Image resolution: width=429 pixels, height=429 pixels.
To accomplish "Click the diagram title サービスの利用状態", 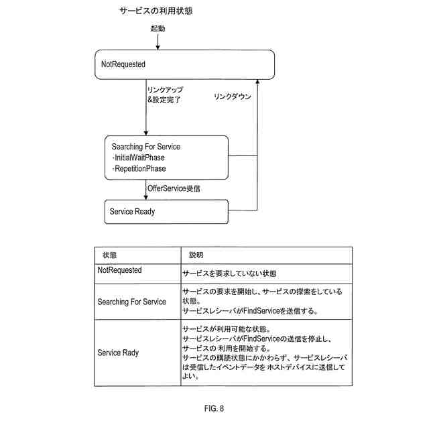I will [158, 11].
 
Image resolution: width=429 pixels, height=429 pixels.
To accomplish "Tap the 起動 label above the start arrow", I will [158, 30].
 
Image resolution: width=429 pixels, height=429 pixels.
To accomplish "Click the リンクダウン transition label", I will [233, 97].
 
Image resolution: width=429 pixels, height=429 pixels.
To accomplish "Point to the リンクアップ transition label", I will [165, 89].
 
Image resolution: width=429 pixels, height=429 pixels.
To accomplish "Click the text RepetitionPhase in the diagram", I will [139, 169].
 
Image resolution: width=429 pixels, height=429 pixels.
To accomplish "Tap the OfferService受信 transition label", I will [174, 189].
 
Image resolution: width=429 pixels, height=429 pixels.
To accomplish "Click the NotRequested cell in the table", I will [120, 270].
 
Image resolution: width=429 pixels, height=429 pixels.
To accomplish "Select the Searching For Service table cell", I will [132, 302].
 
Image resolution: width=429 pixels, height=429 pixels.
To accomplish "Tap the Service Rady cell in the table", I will [119, 353].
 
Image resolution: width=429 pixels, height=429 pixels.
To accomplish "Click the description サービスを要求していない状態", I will [230, 273].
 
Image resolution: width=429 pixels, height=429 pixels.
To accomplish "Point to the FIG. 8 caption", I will [214, 408].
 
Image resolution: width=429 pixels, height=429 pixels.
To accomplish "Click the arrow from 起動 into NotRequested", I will [158, 42].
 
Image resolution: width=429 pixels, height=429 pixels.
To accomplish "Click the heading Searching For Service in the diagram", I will [145, 147].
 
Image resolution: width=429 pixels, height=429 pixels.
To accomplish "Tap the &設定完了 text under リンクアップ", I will [164, 99].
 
